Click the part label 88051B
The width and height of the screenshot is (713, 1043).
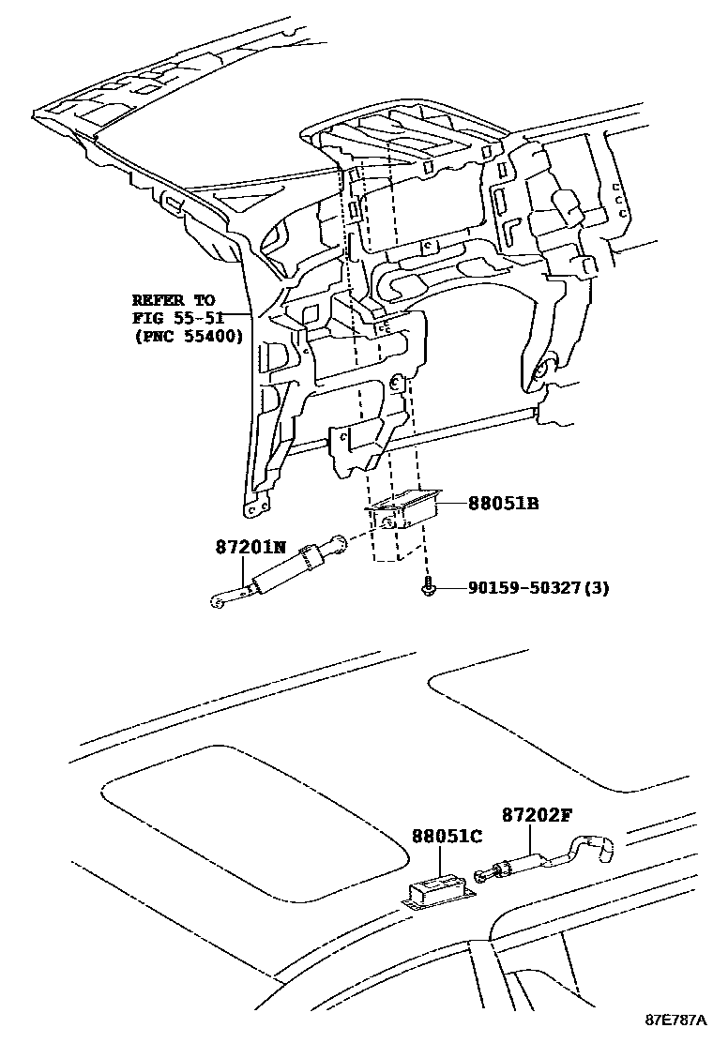(x=504, y=504)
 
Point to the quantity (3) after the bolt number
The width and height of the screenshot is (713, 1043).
(x=600, y=588)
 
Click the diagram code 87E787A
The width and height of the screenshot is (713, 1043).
(x=675, y=1020)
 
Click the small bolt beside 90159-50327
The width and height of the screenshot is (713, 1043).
(x=426, y=588)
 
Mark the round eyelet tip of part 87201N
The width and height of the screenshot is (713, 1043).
(x=217, y=602)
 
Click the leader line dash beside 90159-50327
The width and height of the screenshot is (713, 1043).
(x=449, y=588)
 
